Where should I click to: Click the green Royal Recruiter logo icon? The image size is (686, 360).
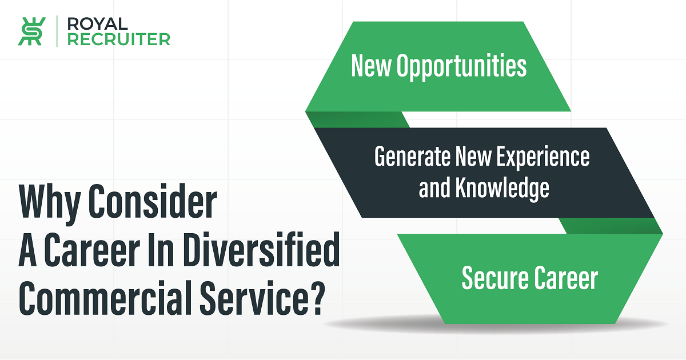point(32,31)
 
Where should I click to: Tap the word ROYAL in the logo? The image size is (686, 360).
point(97,24)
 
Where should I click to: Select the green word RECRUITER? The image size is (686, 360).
point(118,39)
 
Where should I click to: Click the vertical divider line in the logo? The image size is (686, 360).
point(57,31)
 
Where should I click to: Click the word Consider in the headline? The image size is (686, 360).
point(153,201)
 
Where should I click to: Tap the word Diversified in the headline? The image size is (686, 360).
point(262,249)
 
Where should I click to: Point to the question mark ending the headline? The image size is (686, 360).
point(314,298)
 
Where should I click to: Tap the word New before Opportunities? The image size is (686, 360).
point(371,65)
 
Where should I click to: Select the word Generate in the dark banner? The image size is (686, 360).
point(412,156)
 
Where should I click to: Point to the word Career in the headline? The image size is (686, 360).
point(92,249)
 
